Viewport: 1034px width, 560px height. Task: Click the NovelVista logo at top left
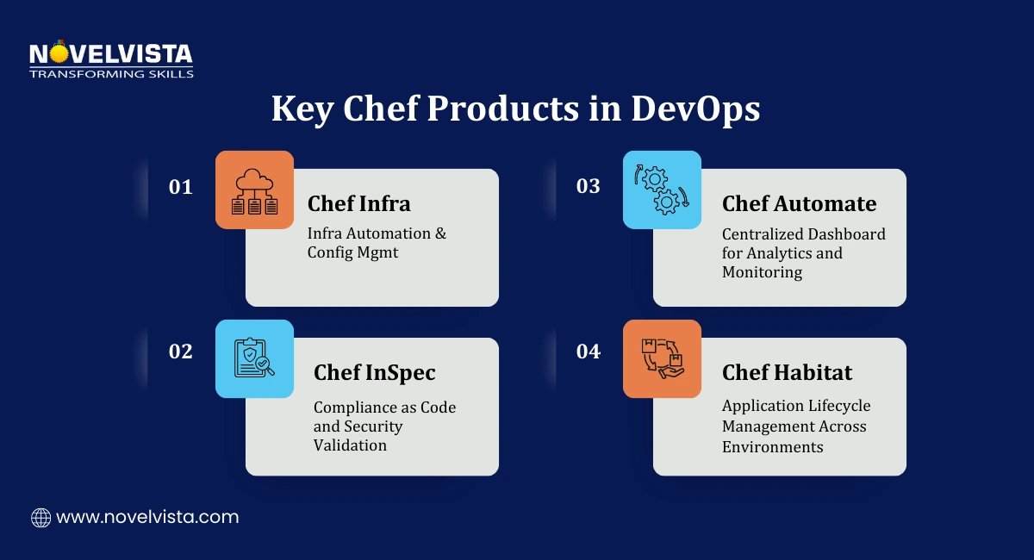pyautogui.click(x=111, y=59)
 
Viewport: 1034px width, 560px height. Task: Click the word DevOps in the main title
pyautogui.click(x=695, y=110)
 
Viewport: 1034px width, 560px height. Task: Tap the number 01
pyautogui.click(x=181, y=186)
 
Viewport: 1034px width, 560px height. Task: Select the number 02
pyautogui.click(x=181, y=352)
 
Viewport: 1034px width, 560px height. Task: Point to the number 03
pyautogui.click(x=589, y=186)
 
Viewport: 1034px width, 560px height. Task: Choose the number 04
pyautogui.click(x=589, y=352)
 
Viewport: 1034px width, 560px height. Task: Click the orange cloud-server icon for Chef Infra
pyautogui.click(x=254, y=190)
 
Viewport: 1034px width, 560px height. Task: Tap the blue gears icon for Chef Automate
pyautogui.click(x=662, y=190)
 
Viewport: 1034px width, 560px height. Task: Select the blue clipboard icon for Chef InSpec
pyautogui.click(x=254, y=358)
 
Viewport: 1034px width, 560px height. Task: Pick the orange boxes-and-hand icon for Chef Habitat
pyautogui.click(x=662, y=358)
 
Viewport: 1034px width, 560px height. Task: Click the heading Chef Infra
pyautogui.click(x=358, y=203)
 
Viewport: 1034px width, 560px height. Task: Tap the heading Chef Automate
pyautogui.click(x=799, y=203)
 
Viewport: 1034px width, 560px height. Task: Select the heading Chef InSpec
pyautogui.click(x=374, y=372)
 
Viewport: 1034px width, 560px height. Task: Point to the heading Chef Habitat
pyautogui.click(x=787, y=372)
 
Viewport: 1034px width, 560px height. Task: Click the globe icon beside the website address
pyautogui.click(x=40, y=518)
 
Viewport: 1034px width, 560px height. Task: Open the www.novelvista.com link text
pyautogui.click(x=147, y=518)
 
